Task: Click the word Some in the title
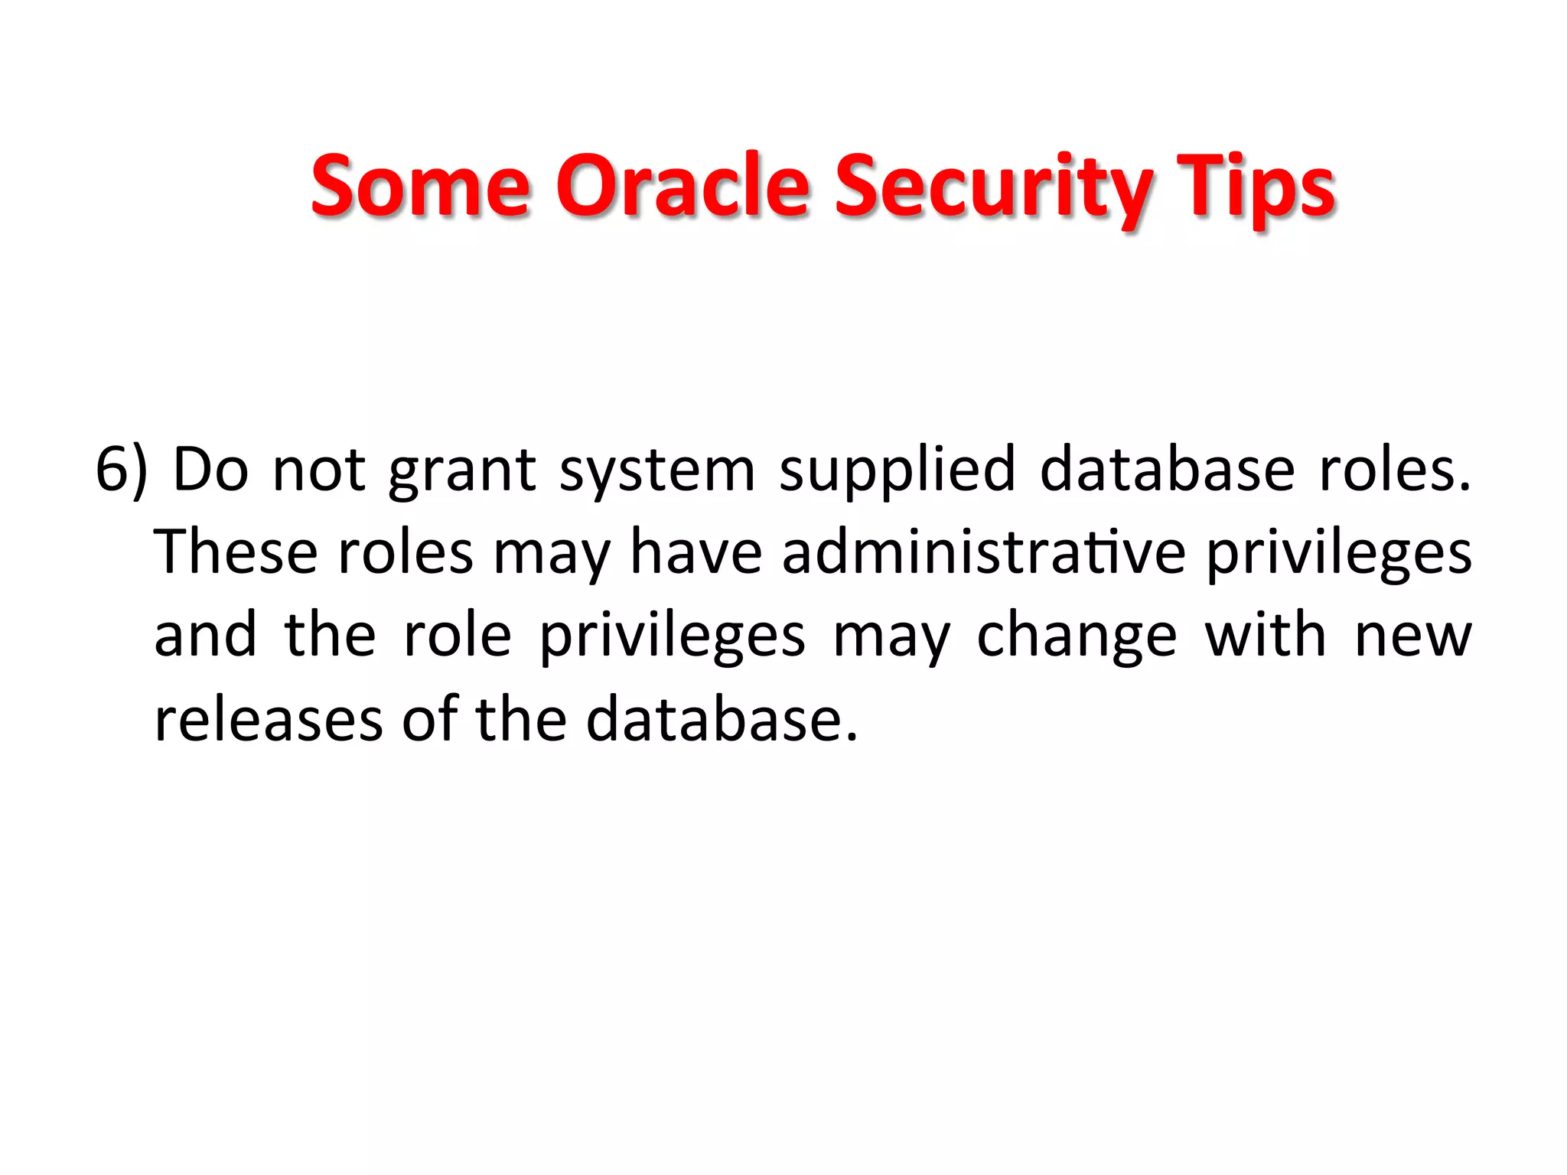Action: click(x=420, y=185)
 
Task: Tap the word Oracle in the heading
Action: click(x=682, y=185)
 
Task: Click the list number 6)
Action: click(x=121, y=470)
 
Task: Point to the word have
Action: click(x=696, y=552)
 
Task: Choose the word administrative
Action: click(x=983, y=552)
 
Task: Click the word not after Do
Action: click(x=318, y=470)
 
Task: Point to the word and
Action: click(x=205, y=635)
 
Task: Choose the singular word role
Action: click(x=457, y=635)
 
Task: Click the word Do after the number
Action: click(x=211, y=468)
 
